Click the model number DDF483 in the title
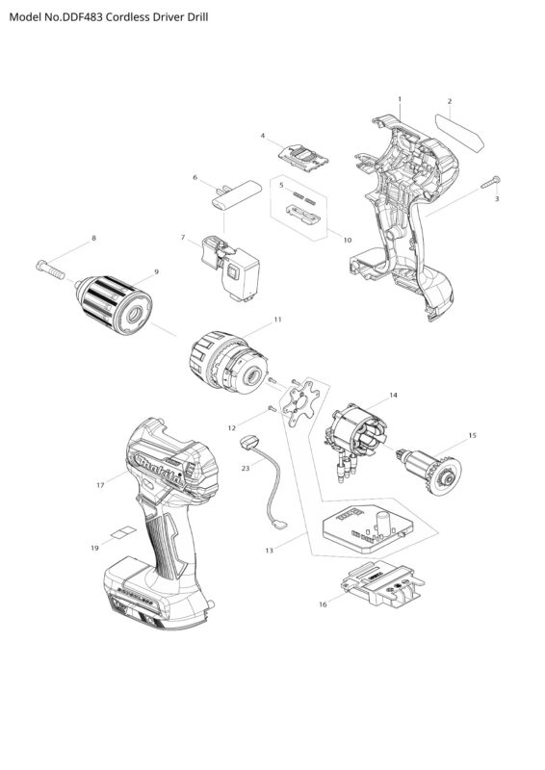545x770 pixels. tap(82, 17)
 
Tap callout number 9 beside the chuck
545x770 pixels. tap(156, 271)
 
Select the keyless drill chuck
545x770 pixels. tap(114, 305)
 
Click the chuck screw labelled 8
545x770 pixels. tap(50, 269)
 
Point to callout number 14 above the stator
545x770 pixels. tap(393, 395)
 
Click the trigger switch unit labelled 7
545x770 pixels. tap(230, 269)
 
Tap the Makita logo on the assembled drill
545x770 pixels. tap(158, 471)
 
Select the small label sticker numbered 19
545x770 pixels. tap(122, 533)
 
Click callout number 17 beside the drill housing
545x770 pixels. tap(100, 485)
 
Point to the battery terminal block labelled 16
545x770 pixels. tap(381, 585)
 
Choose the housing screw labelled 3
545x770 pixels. tap(490, 182)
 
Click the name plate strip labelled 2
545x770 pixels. tap(459, 132)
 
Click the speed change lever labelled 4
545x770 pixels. tap(303, 158)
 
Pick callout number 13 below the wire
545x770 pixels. tap(269, 551)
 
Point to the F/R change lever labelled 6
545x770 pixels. tap(236, 194)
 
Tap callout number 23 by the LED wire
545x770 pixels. tap(246, 468)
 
